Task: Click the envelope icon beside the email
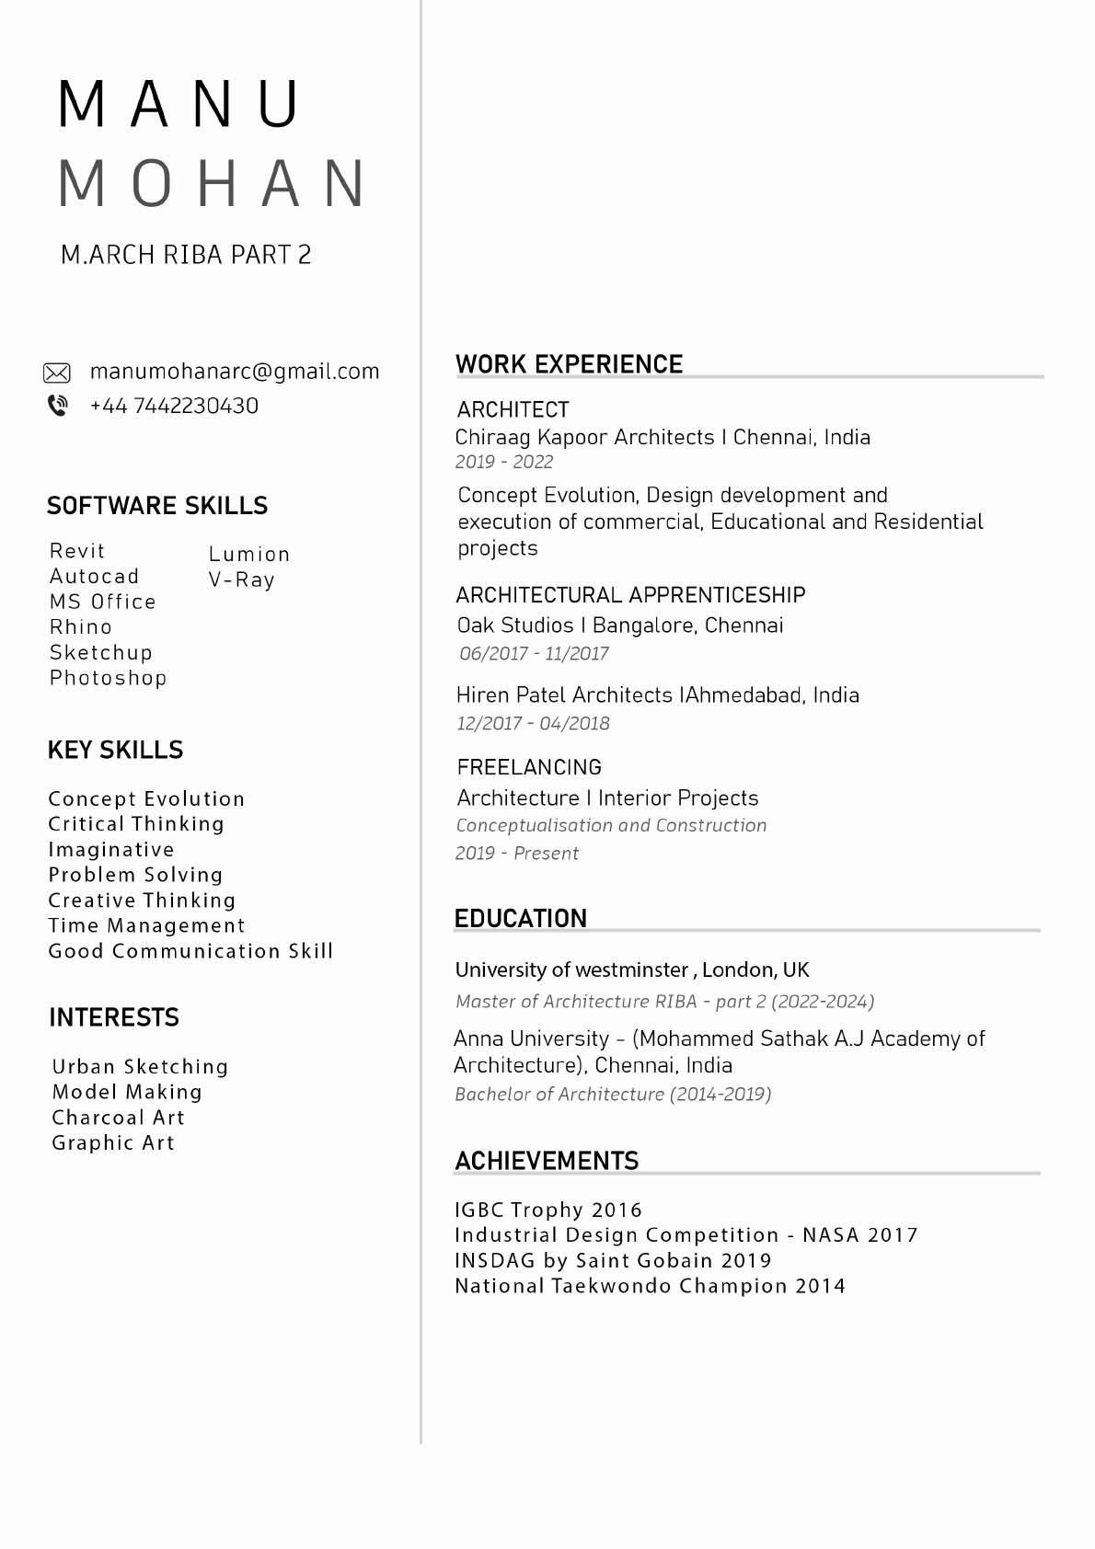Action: (x=57, y=373)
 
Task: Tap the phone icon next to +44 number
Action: (x=57, y=406)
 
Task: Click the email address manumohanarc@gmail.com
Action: (x=235, y=372)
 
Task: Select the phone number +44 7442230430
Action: (x=174, y=406)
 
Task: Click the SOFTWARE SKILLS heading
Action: (x=157, y=506)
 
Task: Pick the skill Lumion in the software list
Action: (x=249, y=554)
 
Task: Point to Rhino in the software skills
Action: (x=81, y=627)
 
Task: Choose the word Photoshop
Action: (x=109, y=678)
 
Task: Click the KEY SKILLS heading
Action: (x=115, y=751)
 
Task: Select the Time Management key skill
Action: (x=147, y=925)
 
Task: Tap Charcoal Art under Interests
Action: (x=119, y=1118)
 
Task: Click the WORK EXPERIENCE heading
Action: (x=569, y=364)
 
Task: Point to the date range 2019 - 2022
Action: (x=504, y=462)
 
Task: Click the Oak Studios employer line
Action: (x=620, y=625)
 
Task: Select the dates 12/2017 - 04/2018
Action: (x=534, y=723)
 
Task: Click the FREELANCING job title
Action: (x=529, y=767)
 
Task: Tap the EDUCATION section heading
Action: (x=520, y=919)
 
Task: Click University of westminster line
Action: (x=632, y=970)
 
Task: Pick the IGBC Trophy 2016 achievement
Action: (x=548, y=1210)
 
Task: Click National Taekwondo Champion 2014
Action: (x=650, y=1286)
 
